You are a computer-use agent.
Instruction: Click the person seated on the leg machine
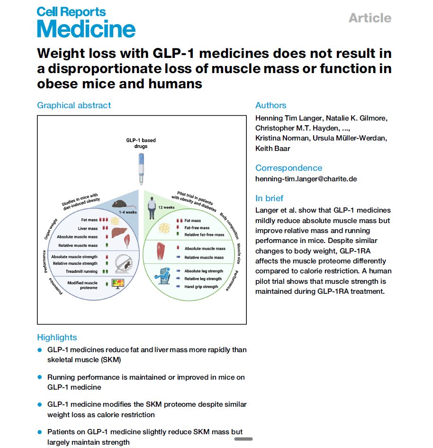point(165,276)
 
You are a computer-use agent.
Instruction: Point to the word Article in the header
point(370,18)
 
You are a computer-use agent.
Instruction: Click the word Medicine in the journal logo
point(86,29)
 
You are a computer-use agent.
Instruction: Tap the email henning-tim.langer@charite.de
point(306,179)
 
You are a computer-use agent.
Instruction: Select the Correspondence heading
point(289,168)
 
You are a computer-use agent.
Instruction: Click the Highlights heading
point(57,337)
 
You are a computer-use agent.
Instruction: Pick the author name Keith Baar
point(272,148)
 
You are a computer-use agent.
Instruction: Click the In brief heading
point(276,198)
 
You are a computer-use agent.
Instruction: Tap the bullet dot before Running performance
point(40,377)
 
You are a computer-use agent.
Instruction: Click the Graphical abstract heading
point(74,105)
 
